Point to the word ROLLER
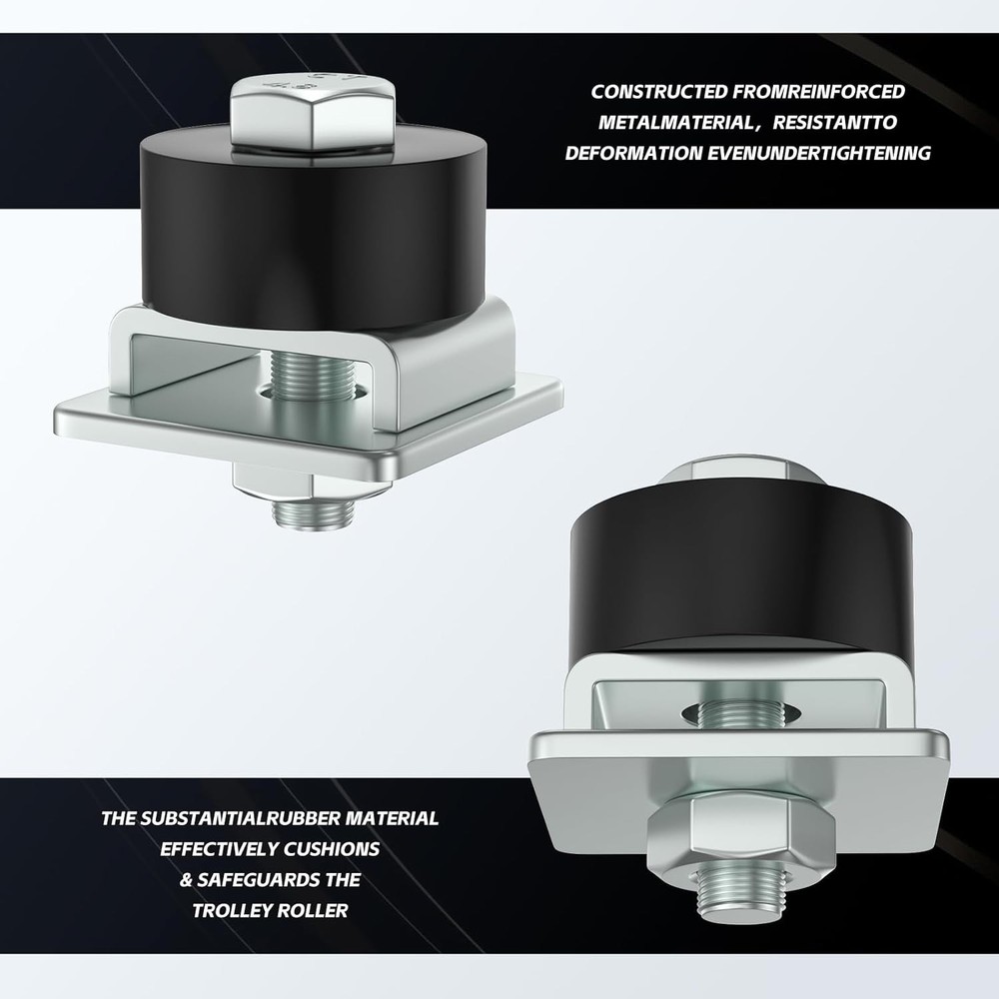(x=318, y=911)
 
